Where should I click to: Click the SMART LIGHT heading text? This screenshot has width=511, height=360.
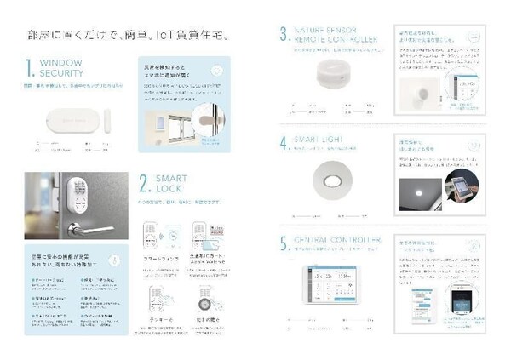321,138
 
